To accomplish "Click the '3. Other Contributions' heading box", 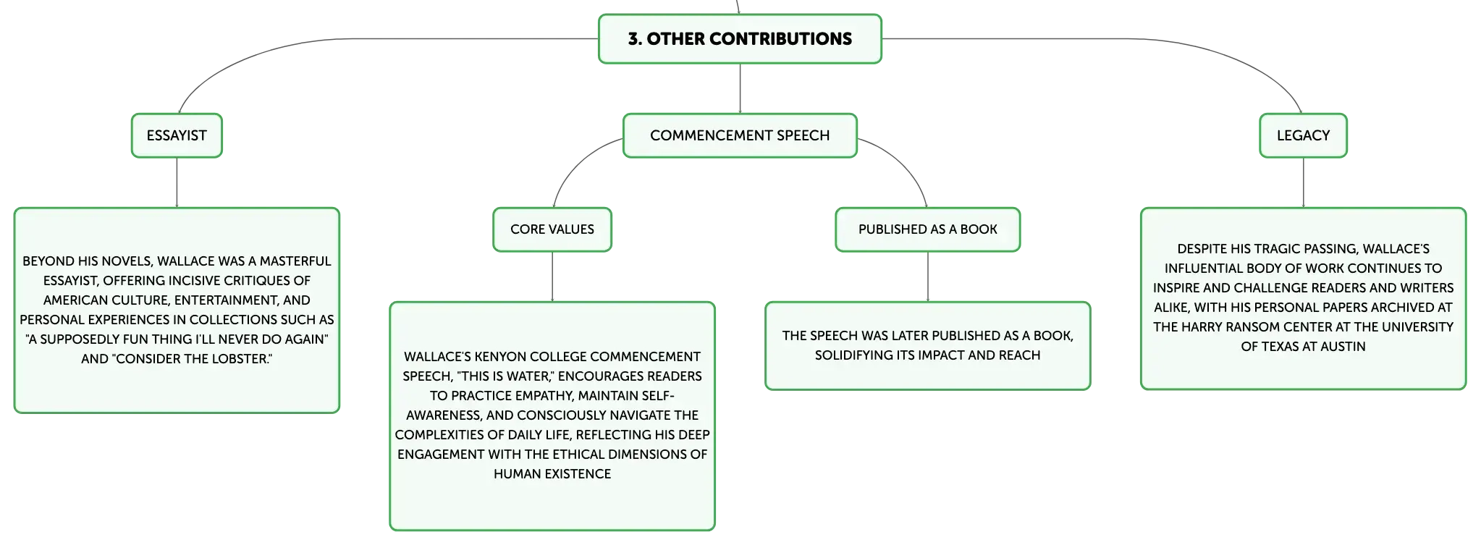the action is (740, 39).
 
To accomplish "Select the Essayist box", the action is (177, 135).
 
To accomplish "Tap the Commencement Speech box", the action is (740, 135).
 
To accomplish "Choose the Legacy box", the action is (1303, 135).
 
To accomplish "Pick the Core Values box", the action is (552, 229).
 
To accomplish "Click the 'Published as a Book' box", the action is (928, 229).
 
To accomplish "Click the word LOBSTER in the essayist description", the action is (239, 359).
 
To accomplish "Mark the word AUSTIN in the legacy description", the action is (1343, 347).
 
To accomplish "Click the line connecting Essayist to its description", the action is (177, 182).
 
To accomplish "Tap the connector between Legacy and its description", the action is (1304, 182).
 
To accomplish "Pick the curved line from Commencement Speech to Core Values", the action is (575, 163).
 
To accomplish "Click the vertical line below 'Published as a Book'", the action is (928, 276).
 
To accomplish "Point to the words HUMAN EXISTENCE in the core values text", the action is (552, 474).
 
